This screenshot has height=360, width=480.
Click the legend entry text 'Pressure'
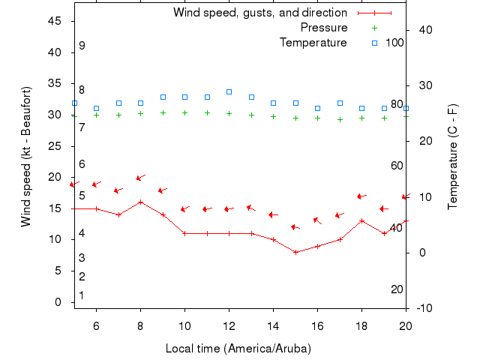coord(324,28)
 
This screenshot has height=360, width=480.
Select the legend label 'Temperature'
coord(313,43)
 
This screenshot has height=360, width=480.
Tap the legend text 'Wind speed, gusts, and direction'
coord(260,13)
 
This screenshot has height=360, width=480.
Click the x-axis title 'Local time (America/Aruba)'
coord(238,349)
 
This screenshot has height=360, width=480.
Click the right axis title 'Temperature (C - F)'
coord(453,156)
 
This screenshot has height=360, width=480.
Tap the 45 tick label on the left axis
coord(55,21)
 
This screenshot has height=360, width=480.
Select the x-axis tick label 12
coord(229,325)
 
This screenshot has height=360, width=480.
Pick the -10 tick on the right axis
coord(424,308)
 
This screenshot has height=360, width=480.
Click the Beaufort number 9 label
coord(82,46)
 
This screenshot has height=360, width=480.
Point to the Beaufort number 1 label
coord(82,295)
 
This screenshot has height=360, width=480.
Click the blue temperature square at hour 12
coord(229,91)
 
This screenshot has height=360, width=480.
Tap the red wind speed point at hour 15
coord(295,252)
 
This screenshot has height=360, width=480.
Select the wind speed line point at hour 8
coord(140,202)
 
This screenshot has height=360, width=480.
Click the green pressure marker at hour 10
coord(184,112)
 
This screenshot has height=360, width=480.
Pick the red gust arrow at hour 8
coord(140,178)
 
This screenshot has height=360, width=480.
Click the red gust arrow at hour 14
coord(273,214)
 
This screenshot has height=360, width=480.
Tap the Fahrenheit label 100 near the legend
coord(394,43)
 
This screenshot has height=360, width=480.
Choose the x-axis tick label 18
coord(361,325)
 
